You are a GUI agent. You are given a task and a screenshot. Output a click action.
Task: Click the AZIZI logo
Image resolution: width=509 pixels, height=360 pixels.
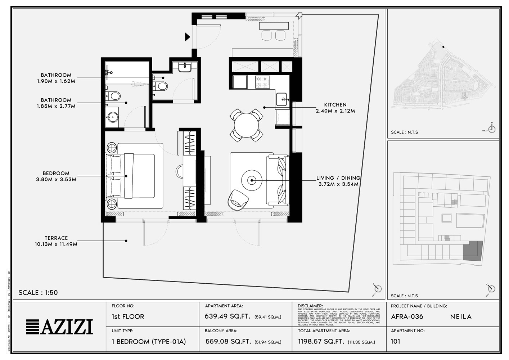click(x=59, y=327)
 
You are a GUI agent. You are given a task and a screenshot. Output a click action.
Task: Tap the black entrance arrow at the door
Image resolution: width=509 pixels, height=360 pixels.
click(x=187, y=37)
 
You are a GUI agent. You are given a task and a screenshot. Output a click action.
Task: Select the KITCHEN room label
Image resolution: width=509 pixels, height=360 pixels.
click(x=335, y=105)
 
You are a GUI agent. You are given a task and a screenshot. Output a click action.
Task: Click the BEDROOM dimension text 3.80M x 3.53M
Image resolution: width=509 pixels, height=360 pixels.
click(x=56, y=179)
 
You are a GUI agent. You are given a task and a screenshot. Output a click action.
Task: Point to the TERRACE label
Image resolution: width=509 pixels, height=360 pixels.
click(x=56, y=238)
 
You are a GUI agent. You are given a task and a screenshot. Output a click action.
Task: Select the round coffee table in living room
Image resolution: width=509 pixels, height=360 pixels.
click(x=252, y=180)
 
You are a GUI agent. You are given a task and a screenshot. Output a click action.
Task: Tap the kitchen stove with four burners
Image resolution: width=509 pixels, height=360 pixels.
click(x=262, y=82)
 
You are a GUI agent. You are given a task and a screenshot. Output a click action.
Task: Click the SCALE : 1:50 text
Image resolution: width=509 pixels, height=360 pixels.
click(x=38, y=293)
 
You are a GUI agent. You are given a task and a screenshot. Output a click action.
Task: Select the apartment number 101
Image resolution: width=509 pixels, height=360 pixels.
click(x=395, y=341)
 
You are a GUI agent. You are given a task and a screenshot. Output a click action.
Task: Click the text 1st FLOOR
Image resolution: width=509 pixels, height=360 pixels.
click(x=128, y=317)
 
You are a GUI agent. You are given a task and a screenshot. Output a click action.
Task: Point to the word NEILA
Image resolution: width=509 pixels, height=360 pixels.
click(x=461, y=317)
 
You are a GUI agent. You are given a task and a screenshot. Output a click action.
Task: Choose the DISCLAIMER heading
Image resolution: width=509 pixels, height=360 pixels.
click(x=310, y=306)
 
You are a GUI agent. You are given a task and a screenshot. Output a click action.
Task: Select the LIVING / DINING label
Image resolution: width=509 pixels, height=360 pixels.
click(x=338, y=178)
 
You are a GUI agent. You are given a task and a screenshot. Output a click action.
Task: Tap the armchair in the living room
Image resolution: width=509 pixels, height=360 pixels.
click(x=238, y=199)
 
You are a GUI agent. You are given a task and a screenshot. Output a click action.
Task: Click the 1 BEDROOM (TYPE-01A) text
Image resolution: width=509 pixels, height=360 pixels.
click(x=149, y=341)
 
